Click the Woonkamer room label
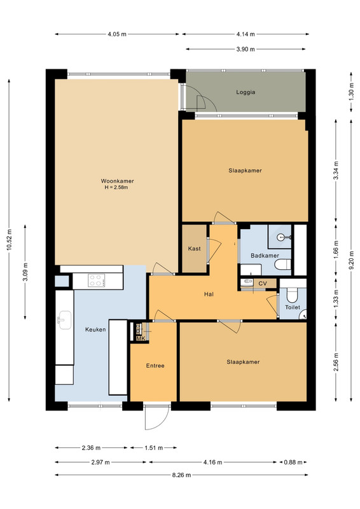117,181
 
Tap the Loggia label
246,92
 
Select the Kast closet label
194,249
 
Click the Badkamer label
265,256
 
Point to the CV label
263,283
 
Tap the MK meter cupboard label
141,338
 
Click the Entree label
155,365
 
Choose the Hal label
209,295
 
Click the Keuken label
95,330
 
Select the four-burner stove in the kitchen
97,281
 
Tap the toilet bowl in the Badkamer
282,265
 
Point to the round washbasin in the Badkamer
282,237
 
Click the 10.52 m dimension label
10,240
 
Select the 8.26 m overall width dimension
181,475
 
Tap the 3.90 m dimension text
246,50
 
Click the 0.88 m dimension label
293,463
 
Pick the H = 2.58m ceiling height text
116,187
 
